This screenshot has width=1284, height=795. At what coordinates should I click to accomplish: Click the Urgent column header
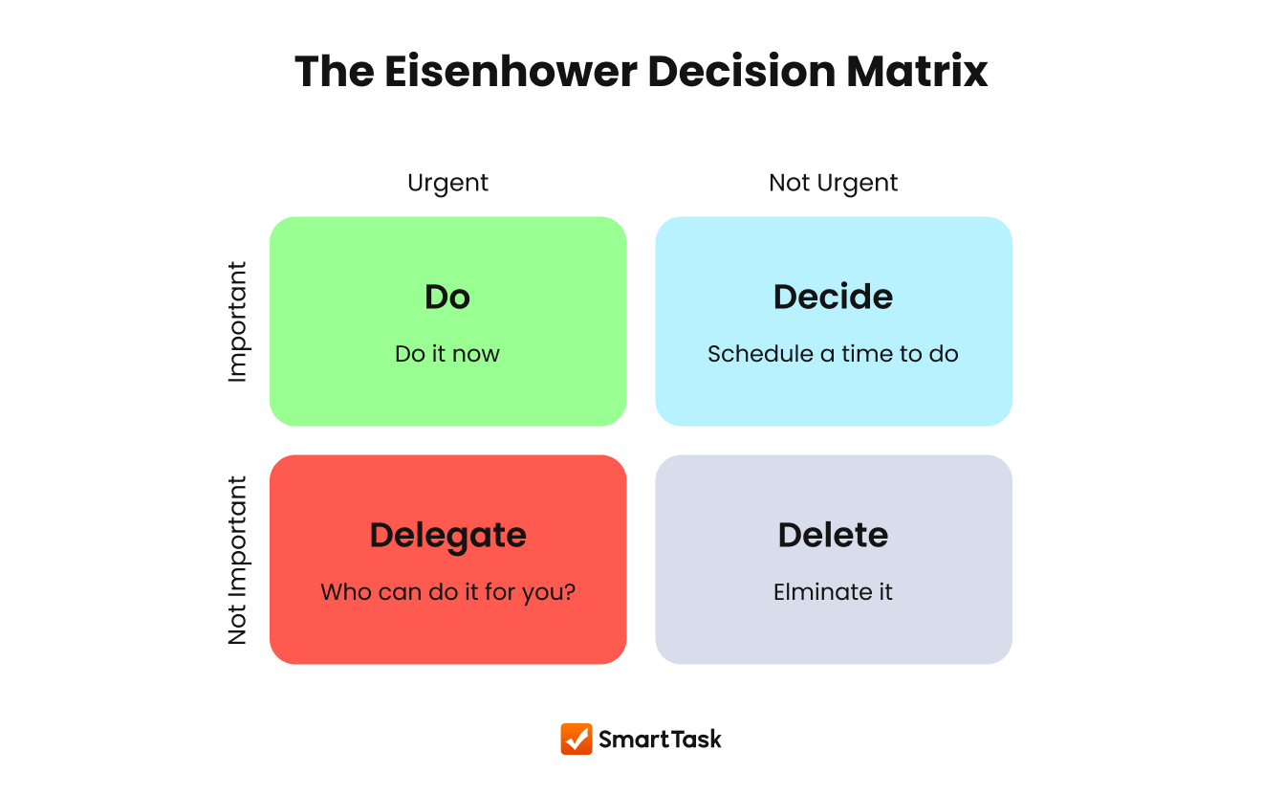447,183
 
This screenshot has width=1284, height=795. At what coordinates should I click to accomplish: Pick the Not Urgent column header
833,183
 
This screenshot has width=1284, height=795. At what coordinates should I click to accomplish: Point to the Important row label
237,322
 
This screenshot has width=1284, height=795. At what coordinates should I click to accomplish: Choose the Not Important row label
237,561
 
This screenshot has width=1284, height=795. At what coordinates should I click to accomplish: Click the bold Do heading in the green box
447,297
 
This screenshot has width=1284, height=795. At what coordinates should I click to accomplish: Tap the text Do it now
447,354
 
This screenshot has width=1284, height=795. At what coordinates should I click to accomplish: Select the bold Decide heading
833,297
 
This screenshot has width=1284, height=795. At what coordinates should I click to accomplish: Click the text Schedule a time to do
833,354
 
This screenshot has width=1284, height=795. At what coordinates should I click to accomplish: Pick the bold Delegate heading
447,535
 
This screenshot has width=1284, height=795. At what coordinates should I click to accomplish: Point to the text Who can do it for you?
447,592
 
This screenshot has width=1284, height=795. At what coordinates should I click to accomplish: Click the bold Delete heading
833,535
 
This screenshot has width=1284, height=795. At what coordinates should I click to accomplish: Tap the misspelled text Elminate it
833,592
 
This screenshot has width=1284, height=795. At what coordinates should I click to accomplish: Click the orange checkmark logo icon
576,739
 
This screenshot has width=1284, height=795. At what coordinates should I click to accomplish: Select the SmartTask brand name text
660,739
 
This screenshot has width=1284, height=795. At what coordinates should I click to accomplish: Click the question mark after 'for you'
570,592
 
